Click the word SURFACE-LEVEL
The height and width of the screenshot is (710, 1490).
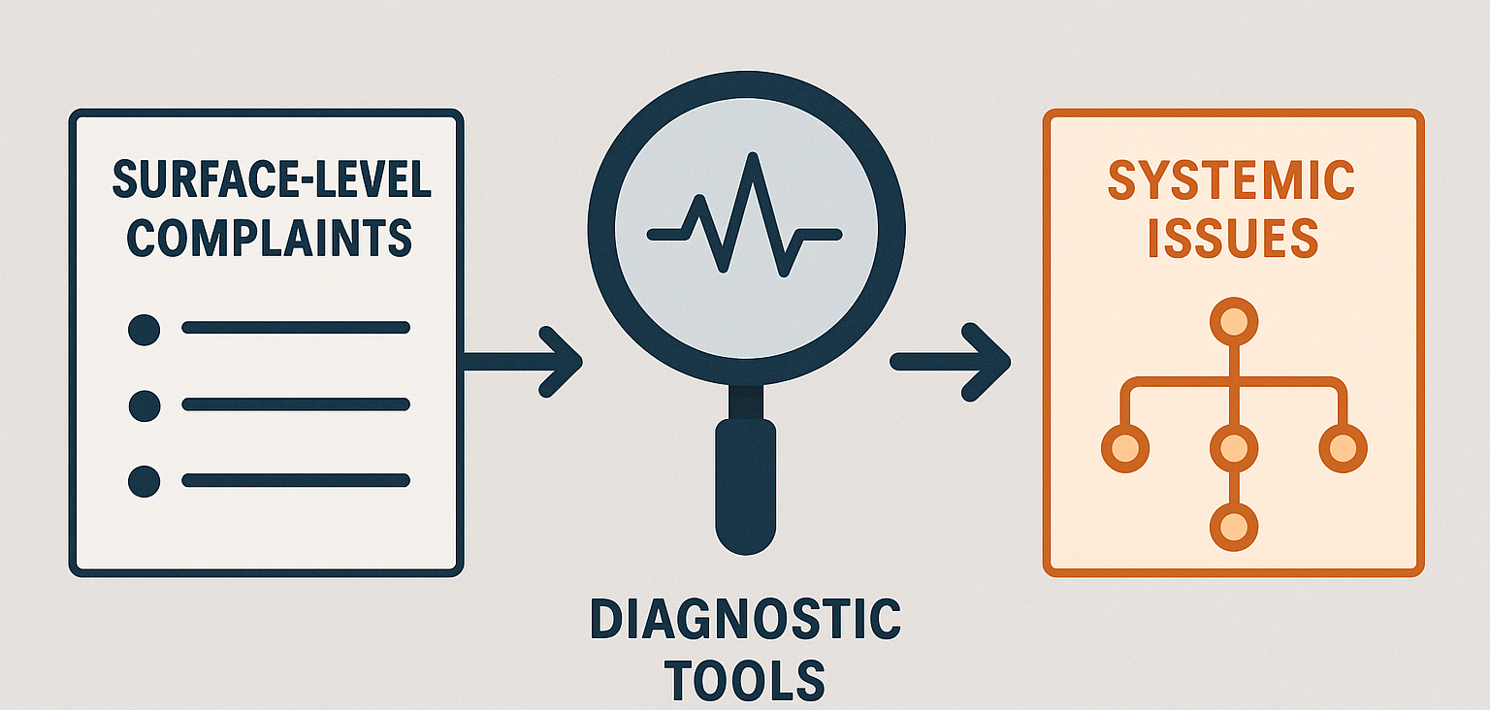[272, 179]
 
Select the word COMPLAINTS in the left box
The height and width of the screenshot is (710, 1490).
[270, 238]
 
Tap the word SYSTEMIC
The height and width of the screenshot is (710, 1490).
[1231, 179]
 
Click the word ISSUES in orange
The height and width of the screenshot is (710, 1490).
[1233, 238]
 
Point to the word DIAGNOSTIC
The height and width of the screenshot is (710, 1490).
[745, 619]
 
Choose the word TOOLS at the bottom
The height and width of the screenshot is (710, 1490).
[745, 680]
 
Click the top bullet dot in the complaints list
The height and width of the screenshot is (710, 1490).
[144, 329]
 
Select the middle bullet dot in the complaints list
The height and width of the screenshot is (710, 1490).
[144, 406]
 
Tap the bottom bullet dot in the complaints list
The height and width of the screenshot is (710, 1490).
[144, 481]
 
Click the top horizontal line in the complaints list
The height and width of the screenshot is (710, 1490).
[296, 327]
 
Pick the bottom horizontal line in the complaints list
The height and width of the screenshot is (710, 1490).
[296, 480]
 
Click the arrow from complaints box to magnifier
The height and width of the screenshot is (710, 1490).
[523, 363]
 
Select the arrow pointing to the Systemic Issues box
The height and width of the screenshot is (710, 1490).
[951, 363]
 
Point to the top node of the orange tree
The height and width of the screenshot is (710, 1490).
[1234, 322]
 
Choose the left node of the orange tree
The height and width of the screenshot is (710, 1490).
[1125, 449]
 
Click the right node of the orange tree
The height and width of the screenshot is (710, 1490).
[1343, 449]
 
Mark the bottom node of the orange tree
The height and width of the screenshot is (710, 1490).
[1234, 528]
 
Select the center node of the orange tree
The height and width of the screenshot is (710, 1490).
[1234, 449]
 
